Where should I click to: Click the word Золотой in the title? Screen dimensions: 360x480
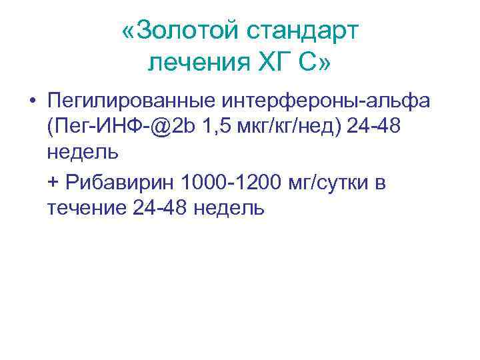[187, 32]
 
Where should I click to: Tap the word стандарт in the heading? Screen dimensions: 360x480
[303, 32]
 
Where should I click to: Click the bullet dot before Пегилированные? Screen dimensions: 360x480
[31, 101]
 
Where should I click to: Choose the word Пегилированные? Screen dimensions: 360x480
[127, 101]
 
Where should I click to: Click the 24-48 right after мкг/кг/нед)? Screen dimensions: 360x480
[375, 127]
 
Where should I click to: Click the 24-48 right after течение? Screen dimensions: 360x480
[160, 208]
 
